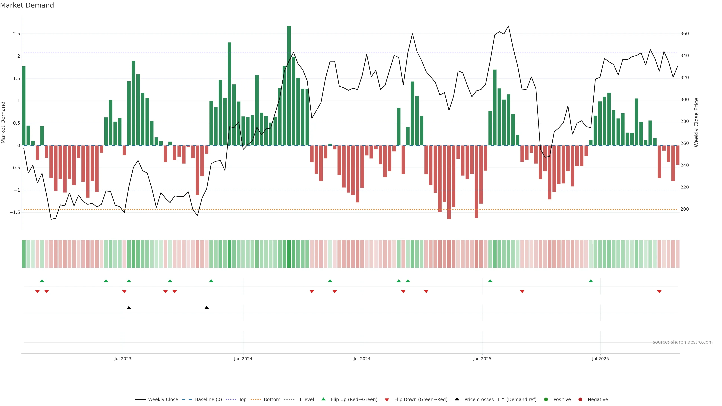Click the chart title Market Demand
(27, 5)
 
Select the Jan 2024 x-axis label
(243, 359)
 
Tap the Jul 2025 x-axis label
(600, 359)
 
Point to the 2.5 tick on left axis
(17, 34)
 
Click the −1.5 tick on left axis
(15, 212)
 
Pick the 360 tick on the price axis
(684, 34)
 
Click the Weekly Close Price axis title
(696, 122)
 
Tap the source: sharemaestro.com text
(683, 342)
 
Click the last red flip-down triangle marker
(659, 292)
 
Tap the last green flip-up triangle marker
(591, 281)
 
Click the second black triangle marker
(207, 308)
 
